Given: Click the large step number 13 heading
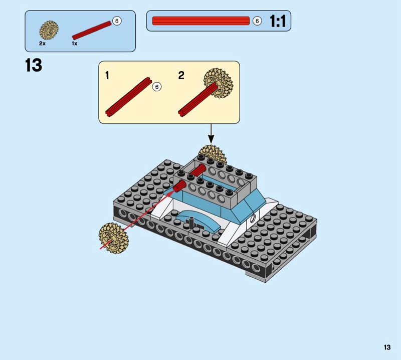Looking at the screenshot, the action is pos(34,65).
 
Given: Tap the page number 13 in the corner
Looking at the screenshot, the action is pos(387,347).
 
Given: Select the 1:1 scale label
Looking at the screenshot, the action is pos(278,21).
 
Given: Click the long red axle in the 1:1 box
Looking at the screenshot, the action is pos(201,21).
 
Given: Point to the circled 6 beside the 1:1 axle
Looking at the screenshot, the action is pos(257,21).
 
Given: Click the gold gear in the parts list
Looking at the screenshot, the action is pos(49,30).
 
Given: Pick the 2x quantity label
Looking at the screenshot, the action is pos(42,44).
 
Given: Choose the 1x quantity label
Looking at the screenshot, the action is pos(74,44).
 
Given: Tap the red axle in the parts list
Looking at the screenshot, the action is pos(92,31).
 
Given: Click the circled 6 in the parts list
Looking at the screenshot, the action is pos(117,21).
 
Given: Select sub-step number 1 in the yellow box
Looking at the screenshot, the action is pos(107,75).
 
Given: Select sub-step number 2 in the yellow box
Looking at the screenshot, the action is pos(181,75).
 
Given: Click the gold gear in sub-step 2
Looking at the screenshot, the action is pos(219,83).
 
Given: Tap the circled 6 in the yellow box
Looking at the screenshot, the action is pos(157,87).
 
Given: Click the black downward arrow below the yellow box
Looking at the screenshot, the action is pos(211,133).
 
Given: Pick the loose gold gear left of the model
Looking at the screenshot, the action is pos(114,238).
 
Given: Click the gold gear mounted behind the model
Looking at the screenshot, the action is pos(213,154).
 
